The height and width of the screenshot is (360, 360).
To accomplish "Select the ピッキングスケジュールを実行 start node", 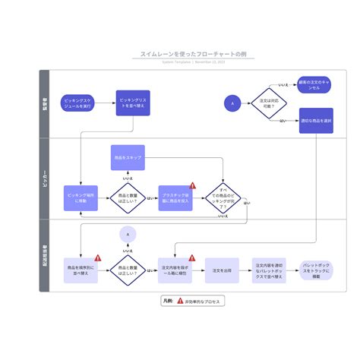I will (79, 103).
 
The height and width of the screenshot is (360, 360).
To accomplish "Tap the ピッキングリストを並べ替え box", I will (133, 103).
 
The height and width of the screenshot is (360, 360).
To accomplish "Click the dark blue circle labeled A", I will (233, 103).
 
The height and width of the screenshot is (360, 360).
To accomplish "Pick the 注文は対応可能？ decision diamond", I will (270, 103).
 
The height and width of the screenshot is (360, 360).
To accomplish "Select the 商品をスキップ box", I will (126, 158).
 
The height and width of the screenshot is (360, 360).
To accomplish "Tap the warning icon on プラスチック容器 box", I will (192, 185).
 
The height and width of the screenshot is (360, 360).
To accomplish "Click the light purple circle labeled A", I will (128, 235).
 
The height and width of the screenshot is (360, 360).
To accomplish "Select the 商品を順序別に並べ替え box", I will (81, 270).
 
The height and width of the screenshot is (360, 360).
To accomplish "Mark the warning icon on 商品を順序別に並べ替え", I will (97, 258).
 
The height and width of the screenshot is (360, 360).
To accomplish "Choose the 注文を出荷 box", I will (223, 270).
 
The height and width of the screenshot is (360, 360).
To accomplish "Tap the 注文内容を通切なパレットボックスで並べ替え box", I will (269, 270).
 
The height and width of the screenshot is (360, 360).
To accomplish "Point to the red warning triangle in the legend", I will (179, 301).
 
